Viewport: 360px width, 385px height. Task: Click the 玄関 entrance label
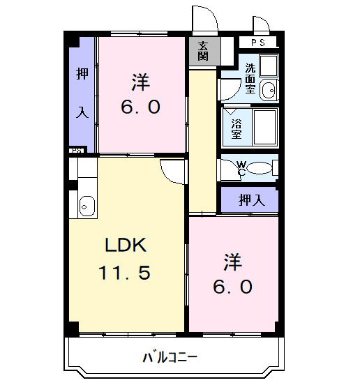(203, 51)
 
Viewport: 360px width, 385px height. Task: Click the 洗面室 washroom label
(250, 79)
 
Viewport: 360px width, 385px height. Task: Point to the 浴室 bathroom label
(237, 126)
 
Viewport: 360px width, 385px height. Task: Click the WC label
(241, 167)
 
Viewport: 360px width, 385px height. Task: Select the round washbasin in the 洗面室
(268, 89)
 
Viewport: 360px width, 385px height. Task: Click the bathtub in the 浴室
(265, 126)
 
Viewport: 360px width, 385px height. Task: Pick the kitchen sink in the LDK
(87, 206)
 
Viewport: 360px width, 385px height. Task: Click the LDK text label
(126, 245)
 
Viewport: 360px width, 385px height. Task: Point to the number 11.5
(125, 273)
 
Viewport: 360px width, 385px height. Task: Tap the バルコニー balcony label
(170, 357)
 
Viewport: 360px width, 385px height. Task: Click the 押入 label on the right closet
(251, 200)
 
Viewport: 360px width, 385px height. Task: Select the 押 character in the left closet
(82, 75)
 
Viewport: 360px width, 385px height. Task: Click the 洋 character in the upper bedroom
(142, 83)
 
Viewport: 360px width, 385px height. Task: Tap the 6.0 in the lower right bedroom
(234, 286)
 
